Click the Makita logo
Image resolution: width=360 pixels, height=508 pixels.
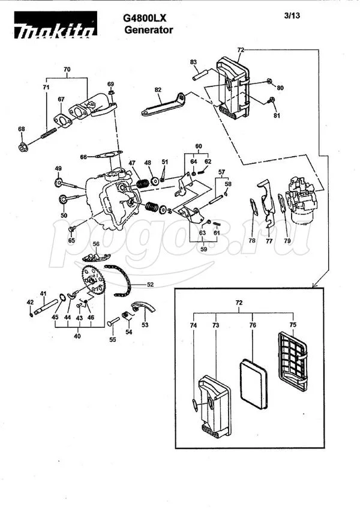tap(55, 25)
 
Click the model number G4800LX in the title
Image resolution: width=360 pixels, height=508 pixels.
tap(145, 19)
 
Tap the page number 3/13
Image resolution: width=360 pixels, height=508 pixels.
tap(292, 15)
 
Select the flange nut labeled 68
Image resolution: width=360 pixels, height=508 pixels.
tap(23, 147)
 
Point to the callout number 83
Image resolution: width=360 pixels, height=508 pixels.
tap(194, 62)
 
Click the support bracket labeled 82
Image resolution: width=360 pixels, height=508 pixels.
tap(163, 104)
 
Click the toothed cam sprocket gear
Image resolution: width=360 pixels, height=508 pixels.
tap(93, 280)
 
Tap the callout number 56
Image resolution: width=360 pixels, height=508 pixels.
tap(96, 244)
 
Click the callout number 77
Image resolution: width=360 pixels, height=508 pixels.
tap(269, 241)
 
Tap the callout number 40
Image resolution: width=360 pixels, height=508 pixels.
tap(77, 336)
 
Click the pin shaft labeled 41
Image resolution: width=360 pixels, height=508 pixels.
tap(46, 306)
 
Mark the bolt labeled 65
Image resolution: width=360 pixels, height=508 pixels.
tap(71, 229)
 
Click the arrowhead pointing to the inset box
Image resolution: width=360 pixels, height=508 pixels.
tap(314, 285)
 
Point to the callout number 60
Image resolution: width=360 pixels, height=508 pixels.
tap(199, 146)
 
